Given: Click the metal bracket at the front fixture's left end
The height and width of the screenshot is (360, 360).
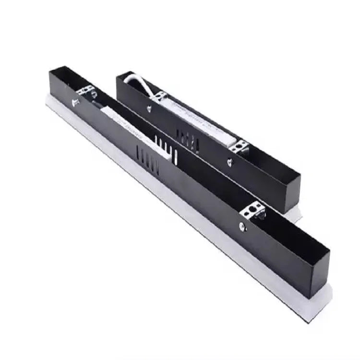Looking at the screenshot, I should [85, 91].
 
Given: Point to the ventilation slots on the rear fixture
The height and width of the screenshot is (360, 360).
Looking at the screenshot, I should [185, 137].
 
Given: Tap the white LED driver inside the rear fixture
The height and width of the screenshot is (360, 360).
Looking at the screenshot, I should [202, 123].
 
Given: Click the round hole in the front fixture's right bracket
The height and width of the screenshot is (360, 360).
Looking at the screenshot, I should [255, 209].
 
